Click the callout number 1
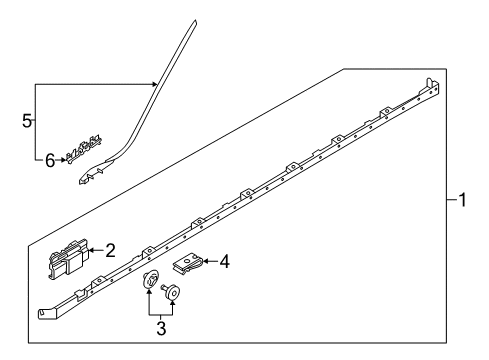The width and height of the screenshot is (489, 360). (462, 200)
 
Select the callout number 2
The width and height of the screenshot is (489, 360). (110, 250)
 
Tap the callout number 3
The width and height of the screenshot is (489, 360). (161, 329)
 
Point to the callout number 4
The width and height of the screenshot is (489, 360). (225, 261)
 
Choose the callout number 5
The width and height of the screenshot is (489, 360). (27, 121)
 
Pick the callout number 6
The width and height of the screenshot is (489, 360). (50, 161)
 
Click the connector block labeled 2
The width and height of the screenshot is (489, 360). (69, 259)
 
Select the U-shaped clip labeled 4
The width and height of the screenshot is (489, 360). (188, 263)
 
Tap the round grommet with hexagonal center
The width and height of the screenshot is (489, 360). (150, 279)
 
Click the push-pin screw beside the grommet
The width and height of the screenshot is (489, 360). (171, 291)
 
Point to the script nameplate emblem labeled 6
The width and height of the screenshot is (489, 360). (83, 149)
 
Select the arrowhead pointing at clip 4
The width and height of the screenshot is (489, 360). (206, 261)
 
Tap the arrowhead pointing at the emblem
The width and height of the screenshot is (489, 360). (63, 160)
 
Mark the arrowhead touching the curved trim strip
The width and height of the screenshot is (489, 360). (154, 84)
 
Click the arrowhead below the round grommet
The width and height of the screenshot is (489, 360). (149, 292)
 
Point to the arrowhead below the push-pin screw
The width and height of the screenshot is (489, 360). (172, 303)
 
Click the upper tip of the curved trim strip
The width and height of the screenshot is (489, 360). (194, 21)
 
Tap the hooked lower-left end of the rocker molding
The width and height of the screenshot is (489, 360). (44, 313)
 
